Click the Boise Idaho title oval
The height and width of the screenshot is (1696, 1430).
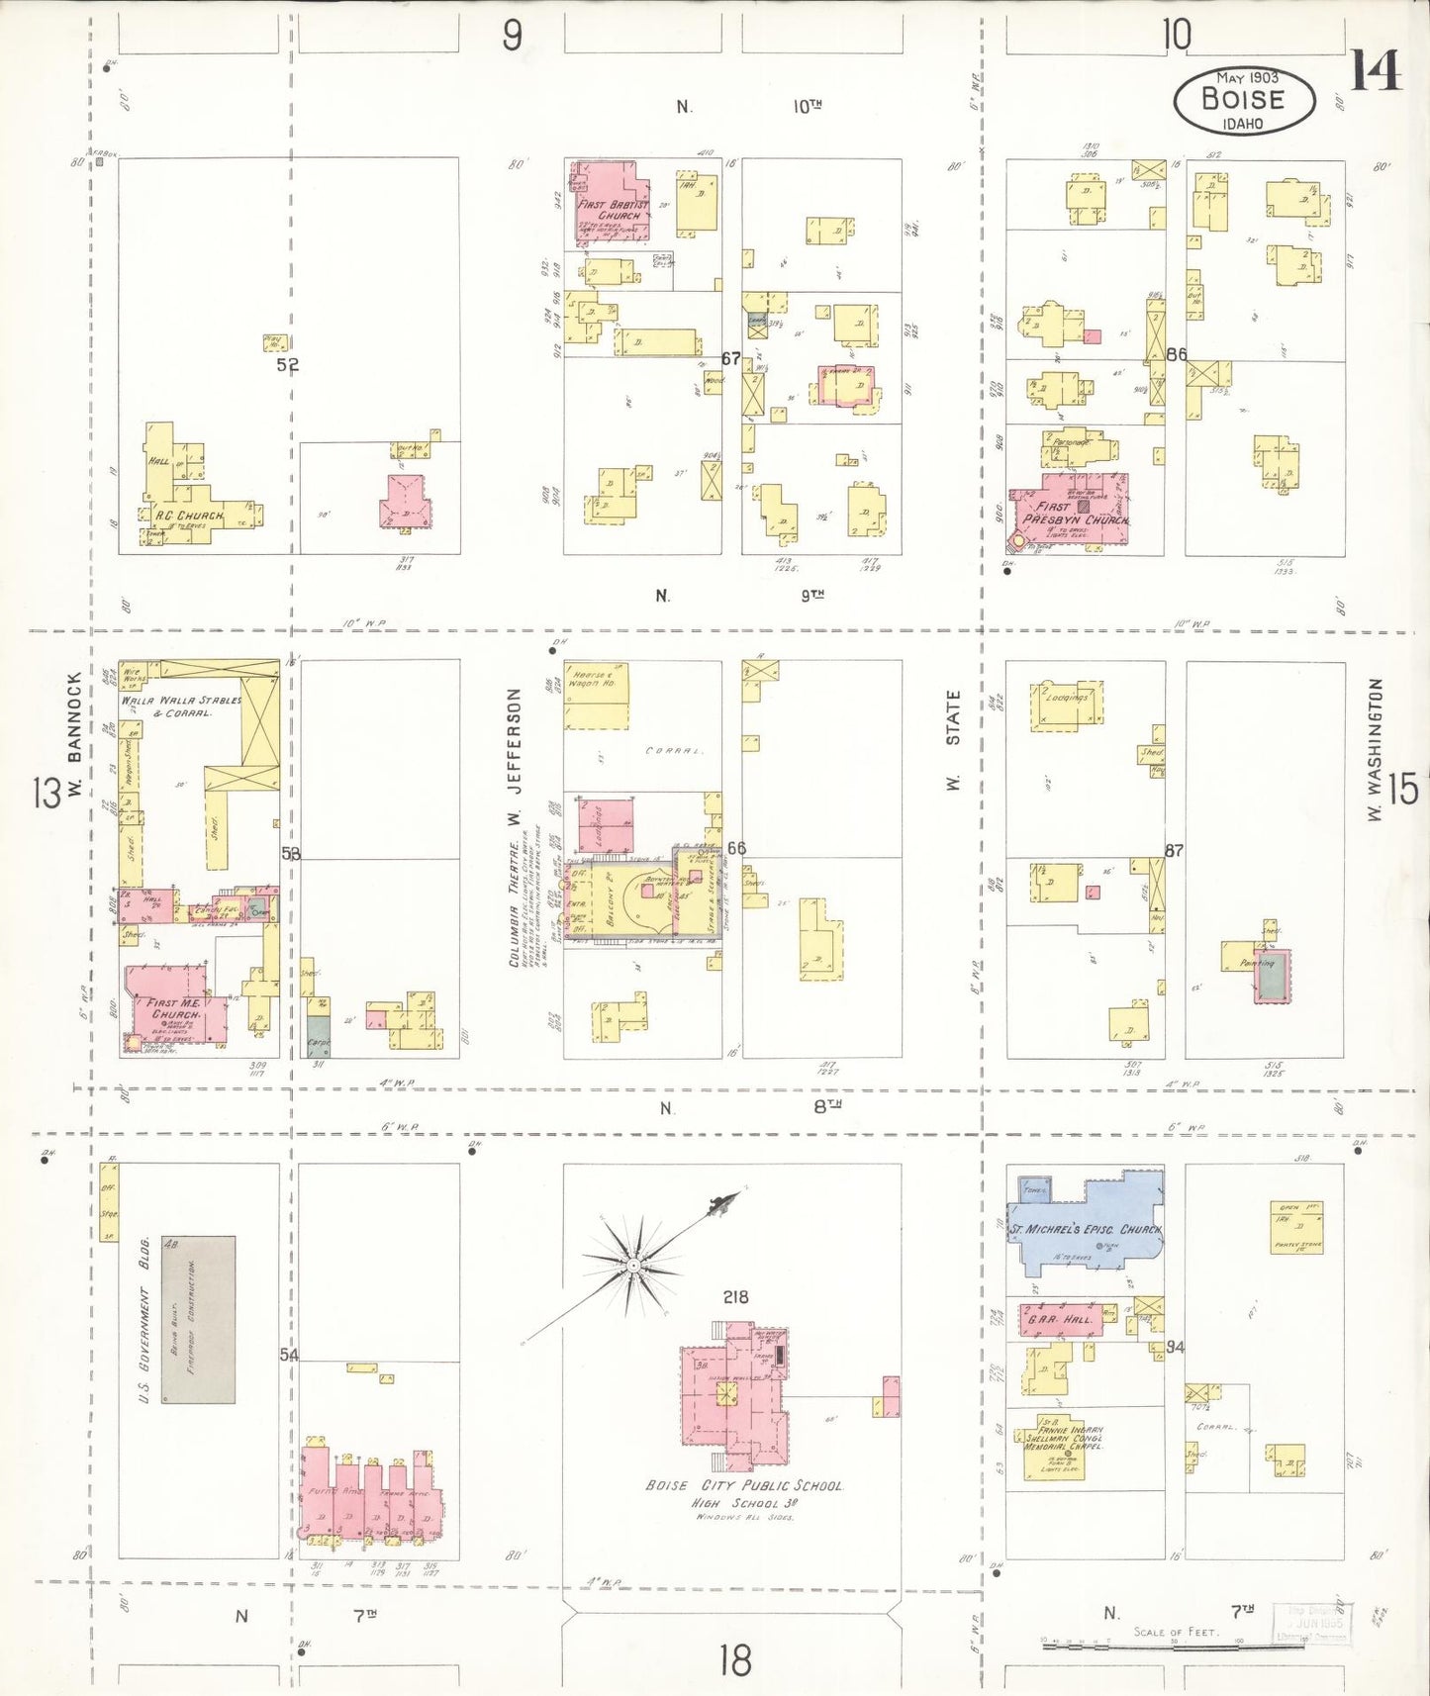tap(1244, 100)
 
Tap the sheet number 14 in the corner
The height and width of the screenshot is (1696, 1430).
tap(1376, 71)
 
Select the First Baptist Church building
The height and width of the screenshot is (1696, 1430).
tap(610, 205)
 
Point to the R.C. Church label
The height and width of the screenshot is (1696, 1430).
tap(187, 516)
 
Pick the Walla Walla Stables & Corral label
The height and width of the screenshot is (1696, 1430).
tap(182, 706)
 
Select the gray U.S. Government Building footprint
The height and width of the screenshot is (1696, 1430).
tap(199, 1319)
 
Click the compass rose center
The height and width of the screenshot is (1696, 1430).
tap(632, 1266)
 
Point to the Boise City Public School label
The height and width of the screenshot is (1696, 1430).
tap(744, 1485)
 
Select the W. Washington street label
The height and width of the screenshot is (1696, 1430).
tap(1374, 749)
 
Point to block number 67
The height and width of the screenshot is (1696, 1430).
tap(731, 358)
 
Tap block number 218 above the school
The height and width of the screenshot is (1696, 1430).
tap(735, 1296)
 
